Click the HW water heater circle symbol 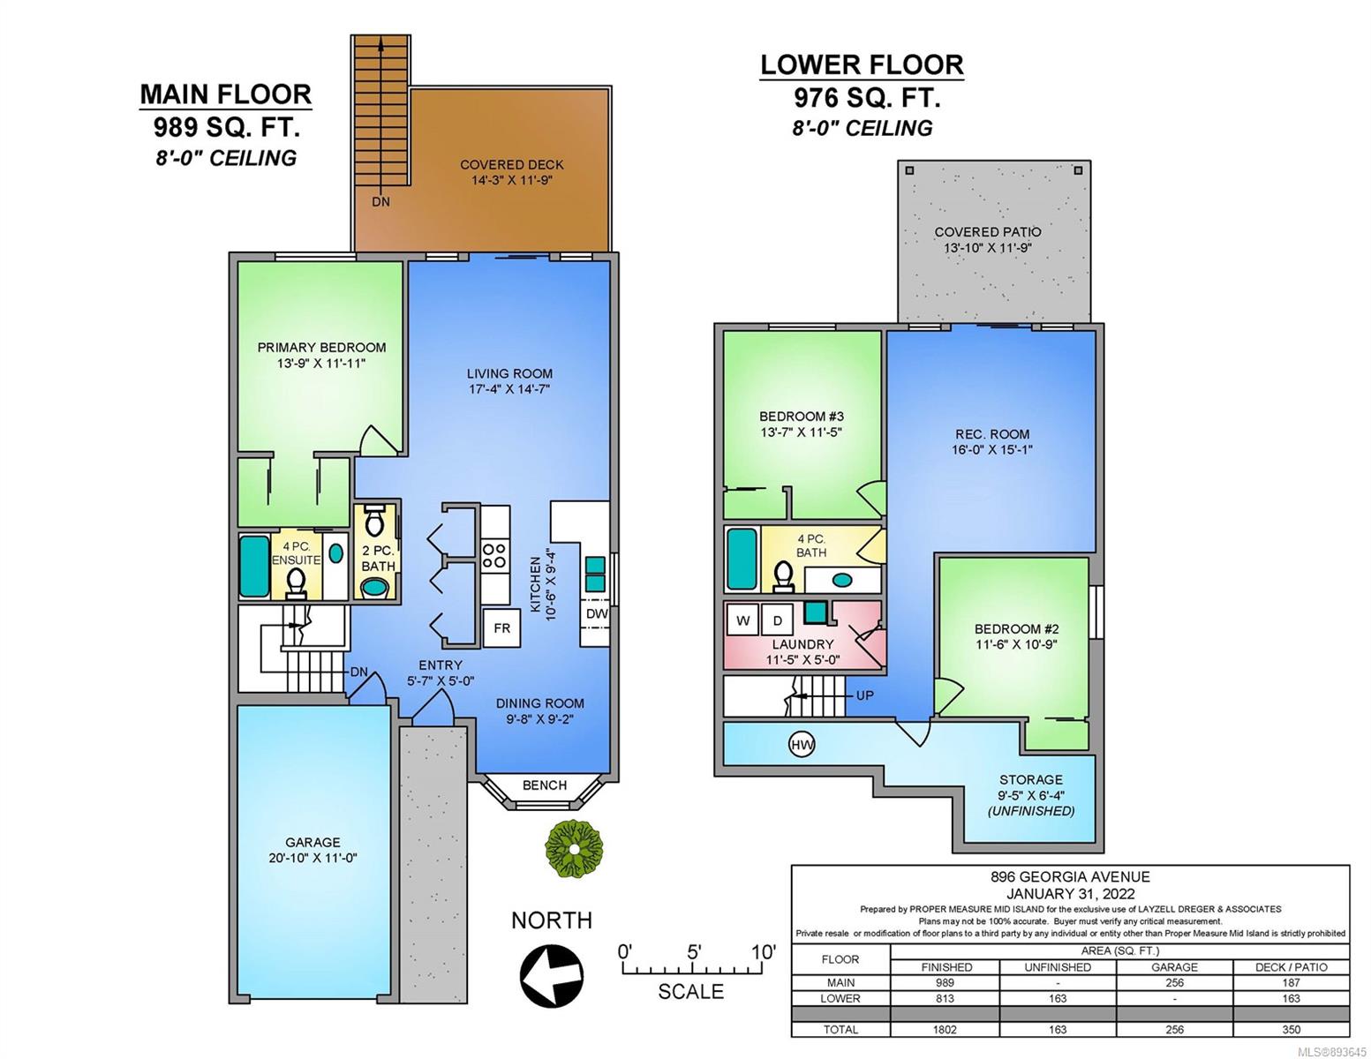pyautogui.click(x=802, y=745)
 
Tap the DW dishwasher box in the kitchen pyautogui.click(x=596, y=613)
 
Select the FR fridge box pyautogui.click(x=501, y=628)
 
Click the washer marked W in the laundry pyautogui.click(x=742, y=620)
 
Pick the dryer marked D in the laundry pyautogui.click(x=777, y=620)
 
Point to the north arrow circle pyautogui.click(x=552, y=974)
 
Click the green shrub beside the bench pyautogui.click(x=573, y=848)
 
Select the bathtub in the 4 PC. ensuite pyautogui.click(x=254, y=566)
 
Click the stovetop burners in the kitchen pyautogui.click(x=494, y=555)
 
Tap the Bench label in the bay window pyautogui.click(x=545, y=785)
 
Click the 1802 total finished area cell pyautogui.click(x=945, y=1029)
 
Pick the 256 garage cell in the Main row pyautogui.click(x=1174, y=982)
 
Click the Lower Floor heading pyautogui.click(x=862, y=65)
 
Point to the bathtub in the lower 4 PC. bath pyautogui.click(x=742, y=559)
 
